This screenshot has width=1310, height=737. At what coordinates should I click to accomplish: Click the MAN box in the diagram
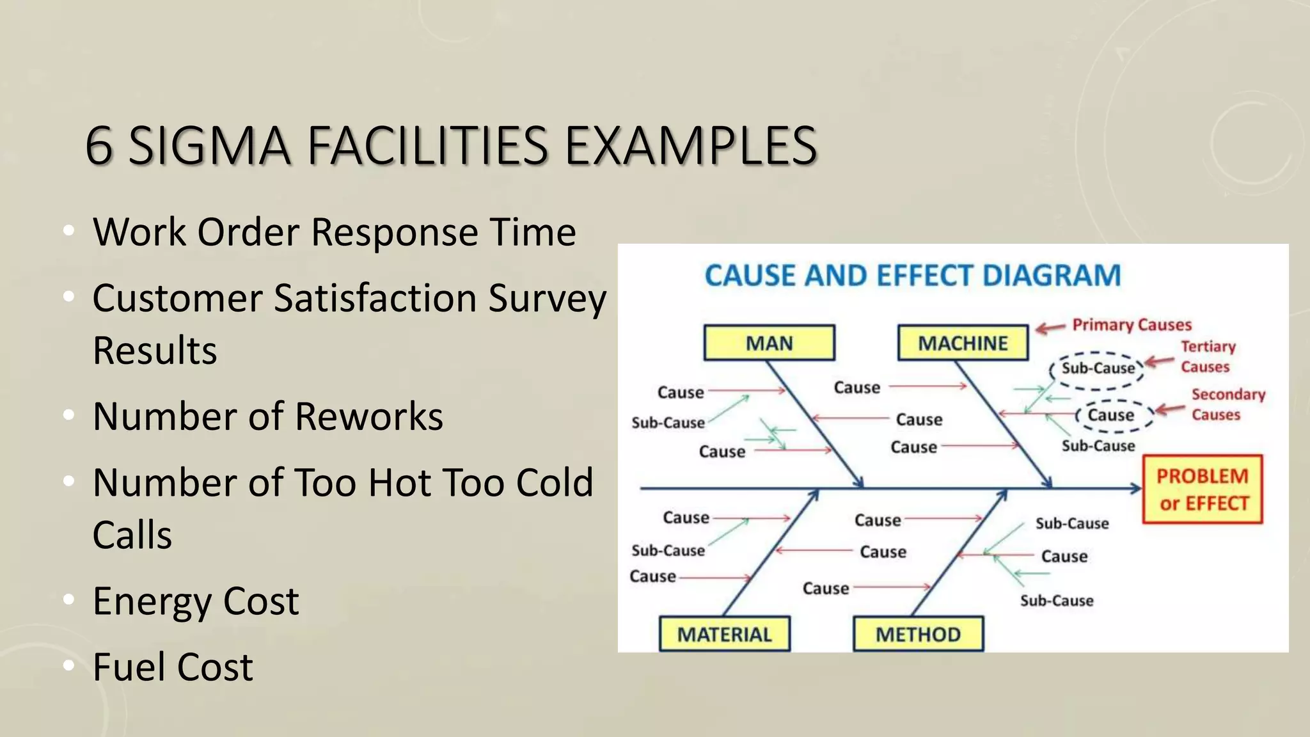pos(769,343)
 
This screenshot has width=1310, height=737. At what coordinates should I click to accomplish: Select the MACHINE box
pos(963,343)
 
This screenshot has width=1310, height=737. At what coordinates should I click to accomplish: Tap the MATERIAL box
pos(725,634)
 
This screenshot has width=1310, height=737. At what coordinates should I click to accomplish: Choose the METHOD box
pos(918,634)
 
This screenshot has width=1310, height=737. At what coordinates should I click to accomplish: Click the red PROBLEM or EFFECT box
pos(1202,489)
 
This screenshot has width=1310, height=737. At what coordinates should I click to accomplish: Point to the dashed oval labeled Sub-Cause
pos(1098,369)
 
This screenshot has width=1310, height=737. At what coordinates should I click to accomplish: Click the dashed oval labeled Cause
pos(1112,415)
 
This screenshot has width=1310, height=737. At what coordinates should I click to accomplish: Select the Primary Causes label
pos(1132,325)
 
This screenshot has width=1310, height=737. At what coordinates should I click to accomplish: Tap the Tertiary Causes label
pos(1207,356)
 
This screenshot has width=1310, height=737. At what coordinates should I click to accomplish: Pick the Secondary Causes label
pos(1227,404)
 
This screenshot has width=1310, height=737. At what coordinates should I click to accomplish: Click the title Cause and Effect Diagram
pos(913,276)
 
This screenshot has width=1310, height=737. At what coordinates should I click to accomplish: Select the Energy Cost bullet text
pos(195,601)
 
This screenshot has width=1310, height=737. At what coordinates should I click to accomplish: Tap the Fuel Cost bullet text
pos(173,667)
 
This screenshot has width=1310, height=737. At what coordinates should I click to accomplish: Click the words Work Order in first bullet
pos(196,232)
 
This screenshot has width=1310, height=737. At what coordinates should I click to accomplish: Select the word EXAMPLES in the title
pos(691,146)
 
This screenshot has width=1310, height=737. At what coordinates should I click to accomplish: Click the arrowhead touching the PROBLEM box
pos(1135,489)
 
